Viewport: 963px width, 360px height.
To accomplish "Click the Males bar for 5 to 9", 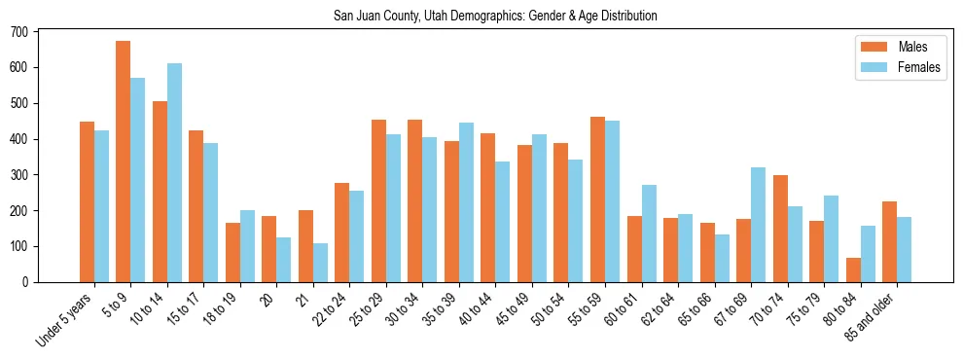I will pyautogui.click(x=124, y=162).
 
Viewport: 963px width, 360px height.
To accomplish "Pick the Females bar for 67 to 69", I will pyautogui.click(x=759, y=225).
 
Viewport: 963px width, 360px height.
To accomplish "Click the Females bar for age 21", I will pyautogui.click(x=320, y=263).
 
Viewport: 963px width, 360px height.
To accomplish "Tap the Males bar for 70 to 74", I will pyautogui.click(x=780, y=229).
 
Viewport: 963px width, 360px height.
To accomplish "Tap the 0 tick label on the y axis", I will pyautogui.click(x=26, y=282).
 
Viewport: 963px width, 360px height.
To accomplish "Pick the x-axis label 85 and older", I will pyautogui.click(x=873, y=317).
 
